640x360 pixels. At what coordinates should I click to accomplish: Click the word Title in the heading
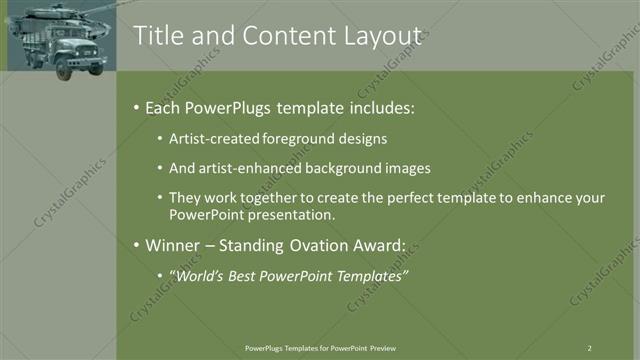(x=158, y=36)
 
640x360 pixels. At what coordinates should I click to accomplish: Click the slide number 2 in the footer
(x=589, y=348)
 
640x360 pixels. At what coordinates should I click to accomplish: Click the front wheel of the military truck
(x=66, y=69)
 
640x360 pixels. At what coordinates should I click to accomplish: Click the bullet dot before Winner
(x=136, y=245)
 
